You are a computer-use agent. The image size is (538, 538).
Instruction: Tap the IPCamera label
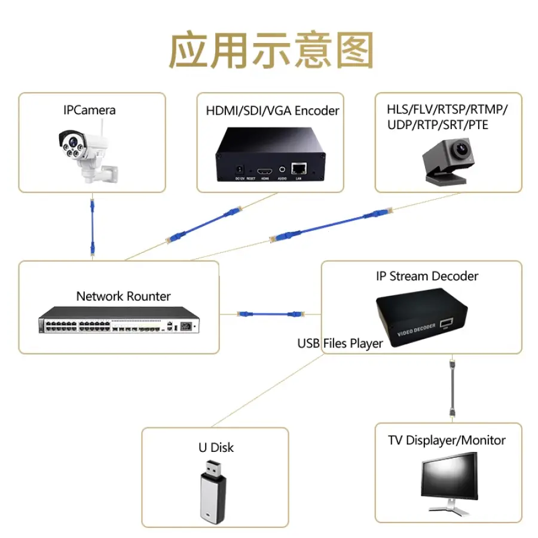click(x=89, y=110)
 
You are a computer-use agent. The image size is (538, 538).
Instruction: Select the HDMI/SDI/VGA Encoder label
click(x=273, y=111)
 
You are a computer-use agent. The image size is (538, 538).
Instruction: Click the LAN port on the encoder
click(x=298, y=169)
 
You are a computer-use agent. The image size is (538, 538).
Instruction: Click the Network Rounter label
click(x=123, y=296)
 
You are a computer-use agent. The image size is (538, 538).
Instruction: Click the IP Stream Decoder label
click(x=427, y=276)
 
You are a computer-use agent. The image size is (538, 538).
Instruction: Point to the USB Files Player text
click(x=340, y=344)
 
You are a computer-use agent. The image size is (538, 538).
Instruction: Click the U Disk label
click(x=216, y=447)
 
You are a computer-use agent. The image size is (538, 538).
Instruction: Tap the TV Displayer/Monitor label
click(x=447, y=441)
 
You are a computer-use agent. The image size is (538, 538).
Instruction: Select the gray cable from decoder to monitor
click(x=453, y=388)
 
